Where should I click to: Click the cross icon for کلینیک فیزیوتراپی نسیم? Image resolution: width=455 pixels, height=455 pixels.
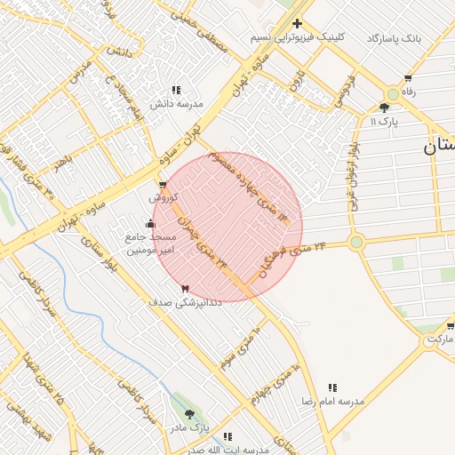click(x=297, y=23)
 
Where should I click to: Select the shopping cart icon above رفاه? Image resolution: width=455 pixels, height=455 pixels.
click(x=408, y=77)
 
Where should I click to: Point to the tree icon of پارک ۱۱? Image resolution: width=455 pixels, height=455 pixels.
click(x=384, y=107)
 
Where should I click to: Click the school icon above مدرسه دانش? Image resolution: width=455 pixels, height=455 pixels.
click(x=176, y=90)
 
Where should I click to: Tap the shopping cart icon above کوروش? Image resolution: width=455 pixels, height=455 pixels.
click(x=163, y=185)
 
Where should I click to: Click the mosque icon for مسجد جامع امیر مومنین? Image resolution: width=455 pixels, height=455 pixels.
click(x=149, y=223)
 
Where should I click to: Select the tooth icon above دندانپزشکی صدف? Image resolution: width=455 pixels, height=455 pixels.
click(x=185, y=289)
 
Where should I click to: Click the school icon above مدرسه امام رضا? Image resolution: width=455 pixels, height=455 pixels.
click(x=332, y=387)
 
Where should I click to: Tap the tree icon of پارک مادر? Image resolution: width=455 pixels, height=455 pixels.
click(x=188, y=414)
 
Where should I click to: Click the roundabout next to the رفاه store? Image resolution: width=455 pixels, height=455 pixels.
click(x=392, y=93)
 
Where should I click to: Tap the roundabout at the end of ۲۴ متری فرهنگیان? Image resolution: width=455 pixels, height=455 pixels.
click(x=356, y=242)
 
